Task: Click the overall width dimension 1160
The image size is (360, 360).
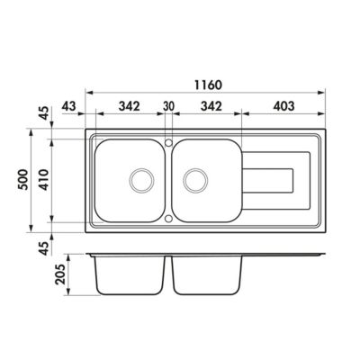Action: click(x=209, y=85)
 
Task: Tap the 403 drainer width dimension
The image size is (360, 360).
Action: click(x=283, y=106)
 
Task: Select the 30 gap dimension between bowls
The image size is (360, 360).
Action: click(x=168, y=106)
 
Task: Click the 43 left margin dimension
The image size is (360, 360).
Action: click(x=69, y=106)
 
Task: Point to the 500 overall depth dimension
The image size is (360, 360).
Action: click(x=23, y=179)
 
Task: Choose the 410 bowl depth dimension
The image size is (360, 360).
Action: click(x=44, y=179)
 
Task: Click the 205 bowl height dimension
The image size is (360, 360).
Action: click(x=60, y=274)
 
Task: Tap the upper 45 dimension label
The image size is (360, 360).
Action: click(x=44, y=113)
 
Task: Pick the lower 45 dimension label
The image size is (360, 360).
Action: click(x=44, y=248)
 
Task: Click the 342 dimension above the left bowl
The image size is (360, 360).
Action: click(x=130, y=106)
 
